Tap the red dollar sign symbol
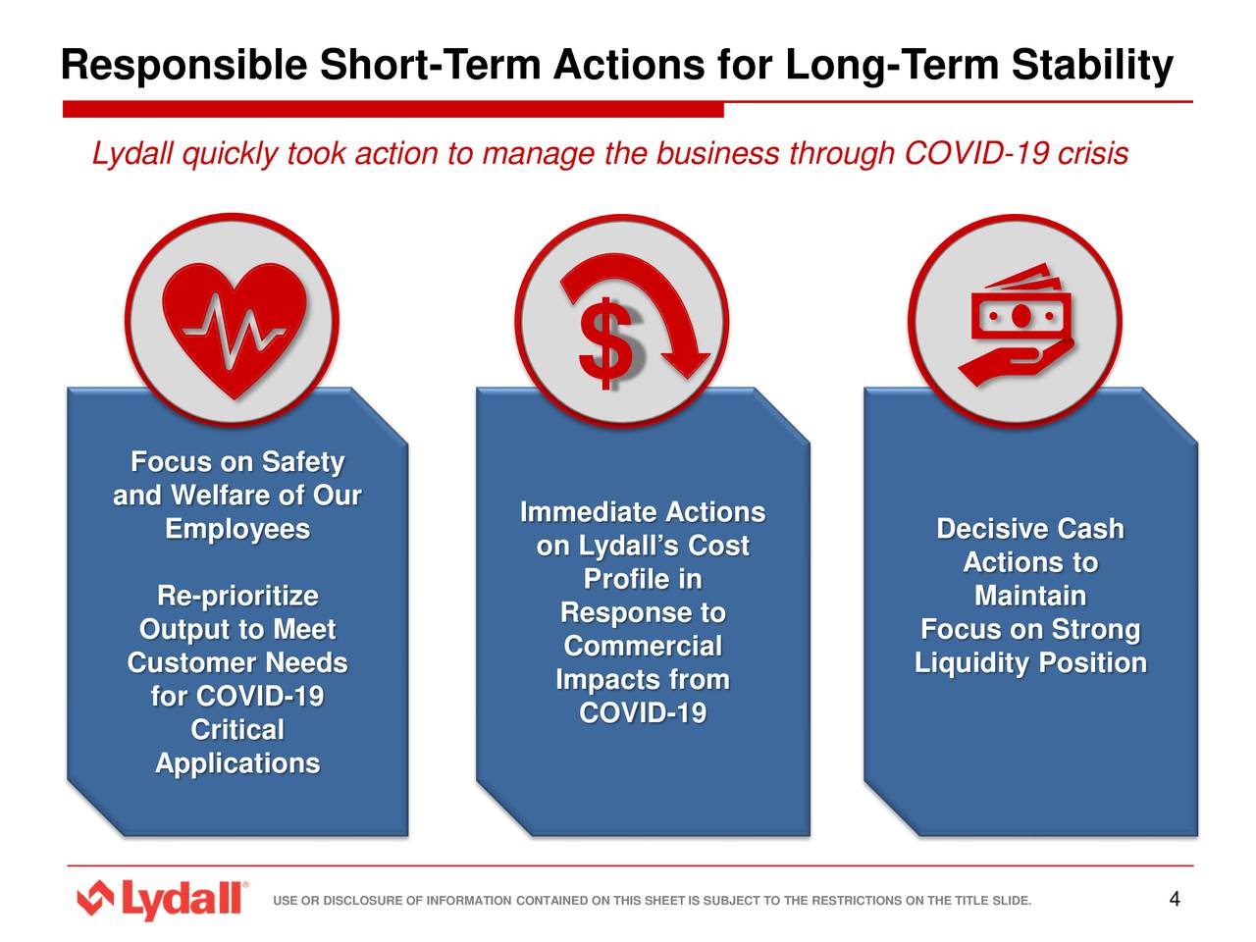coord(605,343)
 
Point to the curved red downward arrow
coord(657,314)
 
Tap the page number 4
coord(1174,899)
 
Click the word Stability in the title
coord(1091,66)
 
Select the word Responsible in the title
coord(183,66)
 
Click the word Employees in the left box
coord(237,529)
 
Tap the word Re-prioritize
coord(237,596)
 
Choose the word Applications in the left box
coord(237,762)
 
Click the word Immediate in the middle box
coord(588,512)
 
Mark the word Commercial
coord(643,646)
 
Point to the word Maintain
coord(1030,596)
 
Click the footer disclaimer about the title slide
coord(652,901)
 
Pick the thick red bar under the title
coord(392,110)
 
